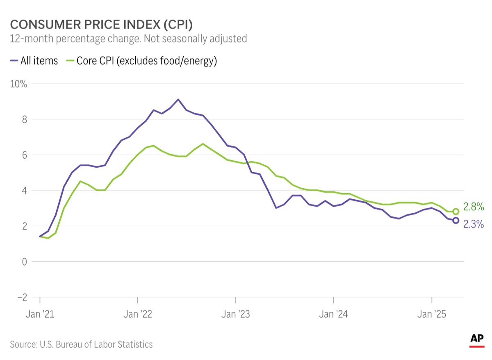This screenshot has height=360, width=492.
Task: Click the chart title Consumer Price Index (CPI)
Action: [x=101, y=24]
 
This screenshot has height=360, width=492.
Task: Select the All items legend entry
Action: [x=34, y=61]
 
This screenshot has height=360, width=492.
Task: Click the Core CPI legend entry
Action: [x=141, y=61]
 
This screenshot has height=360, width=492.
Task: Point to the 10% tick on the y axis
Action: [x=18, y=84]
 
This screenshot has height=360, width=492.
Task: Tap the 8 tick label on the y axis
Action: [x=24, y=119]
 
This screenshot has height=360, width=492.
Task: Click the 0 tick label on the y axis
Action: [x=24, y=262]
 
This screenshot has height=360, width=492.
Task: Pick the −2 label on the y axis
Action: [x=22, y=297]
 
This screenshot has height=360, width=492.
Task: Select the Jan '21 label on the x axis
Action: [x=40, y=314]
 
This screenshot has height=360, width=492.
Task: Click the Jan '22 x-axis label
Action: [x=138, y=314]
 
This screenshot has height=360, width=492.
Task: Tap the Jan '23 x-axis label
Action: [x=236, y=314]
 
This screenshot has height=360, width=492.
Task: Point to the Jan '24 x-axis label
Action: [x=333, y=314]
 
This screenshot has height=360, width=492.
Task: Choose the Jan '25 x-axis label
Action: [x=432, y=314]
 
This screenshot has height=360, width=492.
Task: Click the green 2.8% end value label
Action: [x=474, y=207]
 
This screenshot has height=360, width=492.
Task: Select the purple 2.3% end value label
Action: [x=474, y=224]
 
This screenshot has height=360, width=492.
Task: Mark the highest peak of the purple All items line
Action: [x=178, y=99]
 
